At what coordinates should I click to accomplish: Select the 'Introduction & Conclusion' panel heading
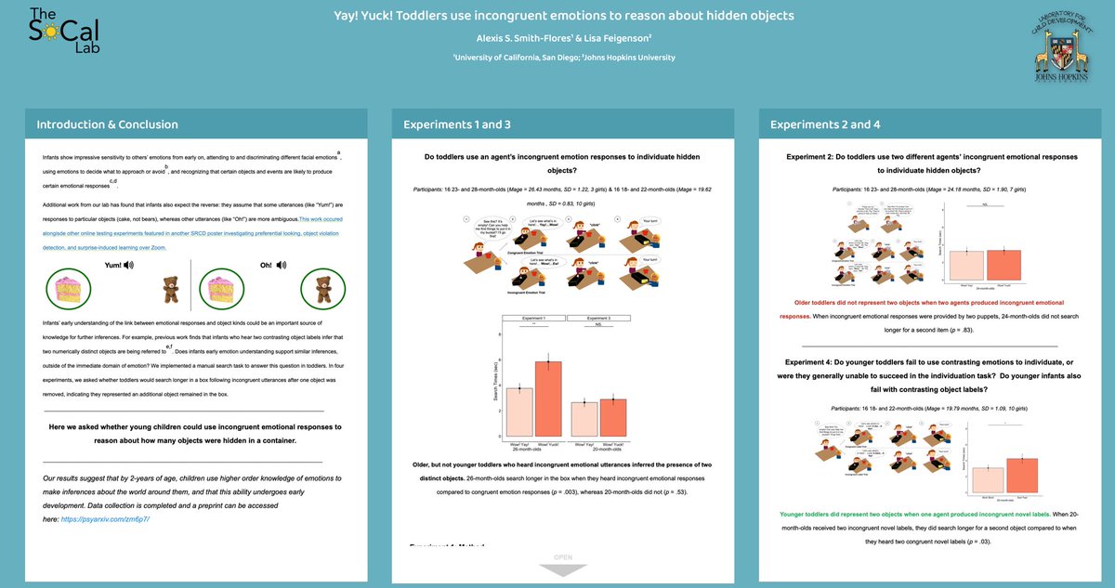tap(107, 124)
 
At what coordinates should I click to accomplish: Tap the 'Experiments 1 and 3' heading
tap(456, 124)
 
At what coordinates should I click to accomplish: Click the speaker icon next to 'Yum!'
tap(128, 265)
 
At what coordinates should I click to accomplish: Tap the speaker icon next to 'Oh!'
tap(282, 265)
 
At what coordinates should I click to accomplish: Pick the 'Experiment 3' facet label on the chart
tap(599, 318)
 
